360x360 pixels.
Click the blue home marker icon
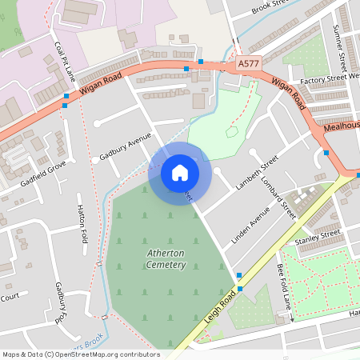coord(179,172)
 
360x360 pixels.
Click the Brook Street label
coord(271,8)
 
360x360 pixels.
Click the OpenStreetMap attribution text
coord(80,354)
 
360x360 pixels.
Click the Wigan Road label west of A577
coord(101,86)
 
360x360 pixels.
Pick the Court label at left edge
coord(10,297)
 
